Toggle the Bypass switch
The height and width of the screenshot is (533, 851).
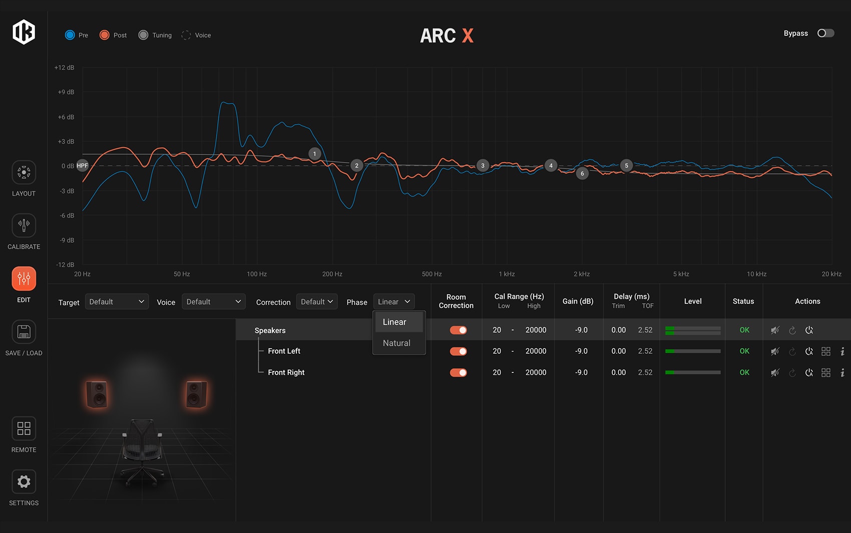point(825,33)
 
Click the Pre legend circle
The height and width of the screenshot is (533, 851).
point(70,35)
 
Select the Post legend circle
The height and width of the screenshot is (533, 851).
point(105,35)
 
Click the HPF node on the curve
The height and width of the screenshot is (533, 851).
point(83,166)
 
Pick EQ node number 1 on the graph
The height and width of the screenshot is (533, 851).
point(314,154)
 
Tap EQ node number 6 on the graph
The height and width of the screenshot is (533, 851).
point(582,174)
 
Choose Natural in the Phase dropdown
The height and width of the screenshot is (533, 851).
point(396,343)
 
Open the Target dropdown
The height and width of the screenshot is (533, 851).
point(117,302)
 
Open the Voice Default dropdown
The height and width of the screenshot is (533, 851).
point(213,302)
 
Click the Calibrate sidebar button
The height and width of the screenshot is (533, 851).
point(24,226)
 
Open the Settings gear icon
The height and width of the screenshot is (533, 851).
point(24,482)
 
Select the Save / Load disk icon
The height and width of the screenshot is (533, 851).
point(24,332)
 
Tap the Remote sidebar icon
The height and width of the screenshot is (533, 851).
point(24,429)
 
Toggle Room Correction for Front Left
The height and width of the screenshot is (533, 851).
point(458,351)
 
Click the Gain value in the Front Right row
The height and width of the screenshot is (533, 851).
point(581,372)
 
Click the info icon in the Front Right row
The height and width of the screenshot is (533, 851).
point(842,373)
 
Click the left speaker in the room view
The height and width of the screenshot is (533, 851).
point(97,394)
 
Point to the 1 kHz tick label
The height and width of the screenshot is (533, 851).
point(507,274)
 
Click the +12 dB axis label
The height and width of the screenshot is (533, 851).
point(64,68)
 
